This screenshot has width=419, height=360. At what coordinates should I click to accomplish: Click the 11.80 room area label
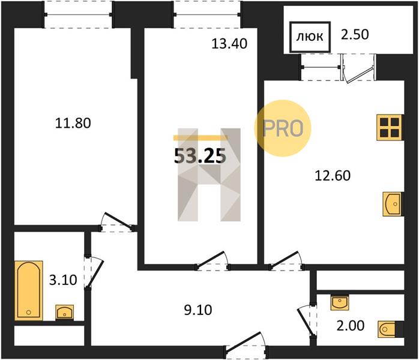[x=73, y=123]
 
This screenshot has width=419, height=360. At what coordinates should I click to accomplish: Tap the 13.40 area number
[x=229, y=44]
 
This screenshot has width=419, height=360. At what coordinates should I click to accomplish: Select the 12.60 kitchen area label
[x=333, y=176]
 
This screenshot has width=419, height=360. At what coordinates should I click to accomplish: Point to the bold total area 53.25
[x=200, y=156]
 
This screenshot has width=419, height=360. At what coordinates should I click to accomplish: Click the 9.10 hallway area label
[x=198, y=310]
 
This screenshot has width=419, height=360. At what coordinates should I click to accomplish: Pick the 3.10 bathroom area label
[x=63, y=280]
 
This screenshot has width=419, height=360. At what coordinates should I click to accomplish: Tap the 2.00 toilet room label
[x=351, y=326]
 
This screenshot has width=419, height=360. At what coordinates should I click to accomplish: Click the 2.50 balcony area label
[x=355, y=34]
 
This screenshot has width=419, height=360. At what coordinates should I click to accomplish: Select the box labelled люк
[x=310, y=37]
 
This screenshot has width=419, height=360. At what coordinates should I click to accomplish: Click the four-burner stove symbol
[x=390, y=127]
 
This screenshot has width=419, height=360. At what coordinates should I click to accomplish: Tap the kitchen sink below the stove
[x=393, y=204]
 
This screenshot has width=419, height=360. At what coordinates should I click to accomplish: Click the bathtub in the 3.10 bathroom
[x=29, y=290]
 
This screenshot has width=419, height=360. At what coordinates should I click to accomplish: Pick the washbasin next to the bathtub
[x=65, y=312]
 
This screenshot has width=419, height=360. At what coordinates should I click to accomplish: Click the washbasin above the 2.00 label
[x=340, y=302]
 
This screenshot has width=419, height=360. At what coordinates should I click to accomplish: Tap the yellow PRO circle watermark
[x=283, y=128]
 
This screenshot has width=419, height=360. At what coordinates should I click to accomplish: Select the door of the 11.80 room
[x=118, y=222]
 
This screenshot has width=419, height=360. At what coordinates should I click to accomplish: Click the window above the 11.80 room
[x=78, y=14]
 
